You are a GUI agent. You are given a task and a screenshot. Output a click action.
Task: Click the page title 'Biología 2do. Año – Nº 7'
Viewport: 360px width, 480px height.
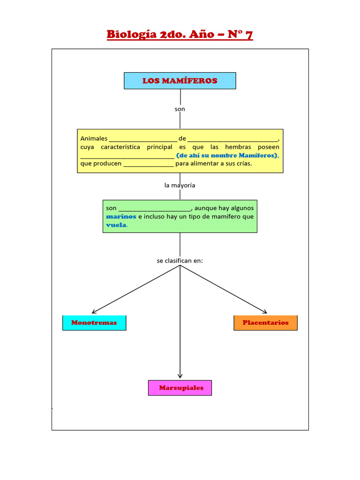pos(180,35)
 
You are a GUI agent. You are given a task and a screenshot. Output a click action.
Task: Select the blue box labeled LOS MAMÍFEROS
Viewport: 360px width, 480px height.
pos(180,81)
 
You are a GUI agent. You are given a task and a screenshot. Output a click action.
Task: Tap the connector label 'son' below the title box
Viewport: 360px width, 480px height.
pos(180,109)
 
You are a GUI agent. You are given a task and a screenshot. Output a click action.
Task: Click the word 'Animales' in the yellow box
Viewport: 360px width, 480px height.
pos(94,139)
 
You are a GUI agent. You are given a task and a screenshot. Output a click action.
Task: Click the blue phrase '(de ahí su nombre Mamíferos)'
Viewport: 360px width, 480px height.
pos(227,155)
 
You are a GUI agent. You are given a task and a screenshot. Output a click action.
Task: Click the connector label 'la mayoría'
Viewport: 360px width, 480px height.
pos(180,185)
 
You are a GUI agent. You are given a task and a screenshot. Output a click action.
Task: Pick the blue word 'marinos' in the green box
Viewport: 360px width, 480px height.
pos(121,217)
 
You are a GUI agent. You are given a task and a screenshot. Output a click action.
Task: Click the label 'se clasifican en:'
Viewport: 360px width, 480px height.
pos(180,260)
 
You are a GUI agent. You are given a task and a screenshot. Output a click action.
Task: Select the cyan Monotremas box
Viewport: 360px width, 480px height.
pos(94,323)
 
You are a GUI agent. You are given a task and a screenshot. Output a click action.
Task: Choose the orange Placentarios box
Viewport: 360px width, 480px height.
pos(265,323)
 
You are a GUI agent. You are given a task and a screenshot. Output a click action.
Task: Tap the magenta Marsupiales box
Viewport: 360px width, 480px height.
pos(180,388)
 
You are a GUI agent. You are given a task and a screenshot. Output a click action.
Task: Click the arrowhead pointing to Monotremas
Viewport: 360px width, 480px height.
pos(94,311)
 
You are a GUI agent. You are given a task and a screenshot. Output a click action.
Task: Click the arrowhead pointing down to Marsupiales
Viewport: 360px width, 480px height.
pos(180,375)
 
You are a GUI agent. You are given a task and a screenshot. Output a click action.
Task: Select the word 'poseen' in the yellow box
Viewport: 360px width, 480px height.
pos(269,147)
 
